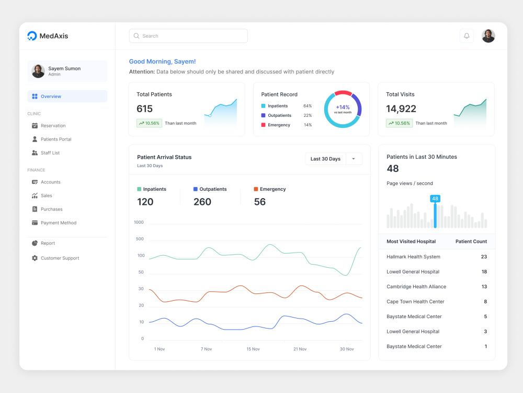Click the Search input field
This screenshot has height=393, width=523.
[x=188, y=36]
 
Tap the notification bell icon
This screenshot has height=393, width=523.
[x=467, y=36]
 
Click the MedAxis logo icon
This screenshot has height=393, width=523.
[x=32, y=36]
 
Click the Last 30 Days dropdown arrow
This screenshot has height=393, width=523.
[x=354, y=159]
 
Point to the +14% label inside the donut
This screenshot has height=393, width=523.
[x=343, y=107]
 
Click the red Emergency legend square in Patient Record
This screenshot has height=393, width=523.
[x=263, y=125]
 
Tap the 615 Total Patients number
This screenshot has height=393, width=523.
[x=144, y=108]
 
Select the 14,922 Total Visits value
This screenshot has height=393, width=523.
[x=401, y=108]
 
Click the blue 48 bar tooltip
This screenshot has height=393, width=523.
[x=435, y=199]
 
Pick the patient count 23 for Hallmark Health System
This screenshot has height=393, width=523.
[x=484, y=257]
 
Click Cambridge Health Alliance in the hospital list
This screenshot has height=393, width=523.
[x=416, y=287]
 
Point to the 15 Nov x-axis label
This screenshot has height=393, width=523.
[x=253, y=349]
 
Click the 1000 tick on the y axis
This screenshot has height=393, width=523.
[x=139, y=222]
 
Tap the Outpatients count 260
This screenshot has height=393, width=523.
[x=202, y=202]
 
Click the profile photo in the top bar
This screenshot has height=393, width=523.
[x=488, y=36]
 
